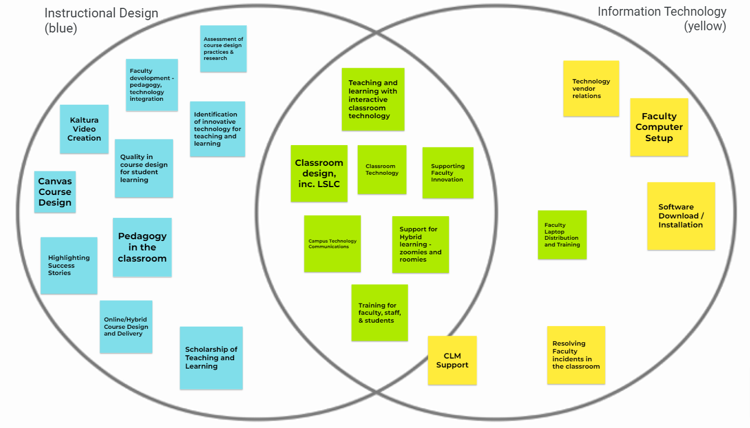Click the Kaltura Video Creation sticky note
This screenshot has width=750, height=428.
tap(84, 129)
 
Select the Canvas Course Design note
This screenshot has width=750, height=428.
tap(55, 192)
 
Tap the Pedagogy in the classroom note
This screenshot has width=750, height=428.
tap(142, 247)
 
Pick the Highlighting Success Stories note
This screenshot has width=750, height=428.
tap(69, 266)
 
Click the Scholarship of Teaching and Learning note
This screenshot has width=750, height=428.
tap(211, 358)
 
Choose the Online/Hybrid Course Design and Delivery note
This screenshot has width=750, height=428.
tap(126, 327)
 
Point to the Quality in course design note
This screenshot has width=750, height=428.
tap(144, 168)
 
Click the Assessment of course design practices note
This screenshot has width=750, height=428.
tap(223, 49)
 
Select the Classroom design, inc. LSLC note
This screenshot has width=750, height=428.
tap(319, 173)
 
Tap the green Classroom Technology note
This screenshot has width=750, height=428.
tap(382, 169)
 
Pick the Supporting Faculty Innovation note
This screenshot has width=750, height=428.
tap(448, 173)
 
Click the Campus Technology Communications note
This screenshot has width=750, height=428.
tap(332, 244)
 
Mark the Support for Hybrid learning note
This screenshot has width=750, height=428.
tap(420, 244)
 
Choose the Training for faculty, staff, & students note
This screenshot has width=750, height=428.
tap(379, 313)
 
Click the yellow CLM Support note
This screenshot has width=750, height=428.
tap(452, 360)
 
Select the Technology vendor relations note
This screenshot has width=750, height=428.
tap(591, 89)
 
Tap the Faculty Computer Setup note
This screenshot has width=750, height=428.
tap(659, 127)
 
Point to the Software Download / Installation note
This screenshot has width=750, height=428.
tap(681, 216)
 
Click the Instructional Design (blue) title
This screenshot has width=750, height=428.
tap(101, 20)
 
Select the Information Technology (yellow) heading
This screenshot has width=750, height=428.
tap(662, 18)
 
